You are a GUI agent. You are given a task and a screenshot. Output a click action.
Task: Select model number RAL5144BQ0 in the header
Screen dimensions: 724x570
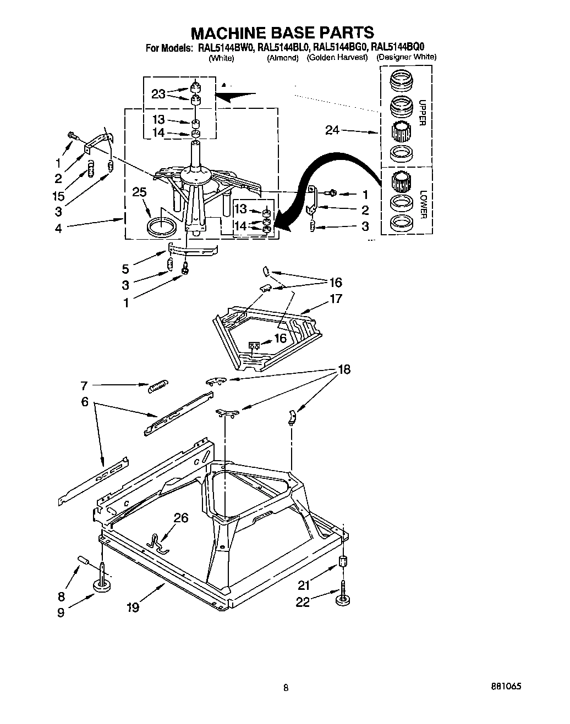pos(398,47)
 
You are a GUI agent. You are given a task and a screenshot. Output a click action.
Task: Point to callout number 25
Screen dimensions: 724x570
pos(140,192)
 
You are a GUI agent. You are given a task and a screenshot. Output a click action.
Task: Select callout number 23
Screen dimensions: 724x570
pos(158,94)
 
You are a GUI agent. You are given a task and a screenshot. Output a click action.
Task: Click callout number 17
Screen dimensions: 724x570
pos(336,299)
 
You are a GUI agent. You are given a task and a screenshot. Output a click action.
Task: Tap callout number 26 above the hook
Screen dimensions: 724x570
pos(181,517)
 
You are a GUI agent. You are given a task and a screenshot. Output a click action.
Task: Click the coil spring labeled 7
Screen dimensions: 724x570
pos(158,386)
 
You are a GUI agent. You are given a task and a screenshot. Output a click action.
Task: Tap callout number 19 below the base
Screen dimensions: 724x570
pos(132,607)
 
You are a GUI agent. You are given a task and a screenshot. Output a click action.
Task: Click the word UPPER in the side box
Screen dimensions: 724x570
pos(422,113)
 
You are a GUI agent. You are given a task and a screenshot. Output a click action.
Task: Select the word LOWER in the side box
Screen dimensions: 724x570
pos(422,205)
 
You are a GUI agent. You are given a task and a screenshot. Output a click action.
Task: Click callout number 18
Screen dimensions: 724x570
pos(344,369)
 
